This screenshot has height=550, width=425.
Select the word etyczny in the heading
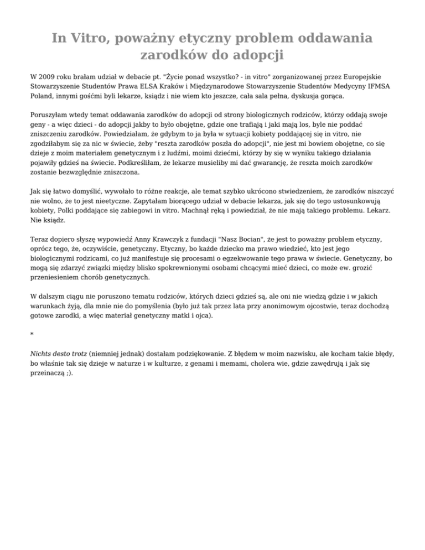(204, 38)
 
